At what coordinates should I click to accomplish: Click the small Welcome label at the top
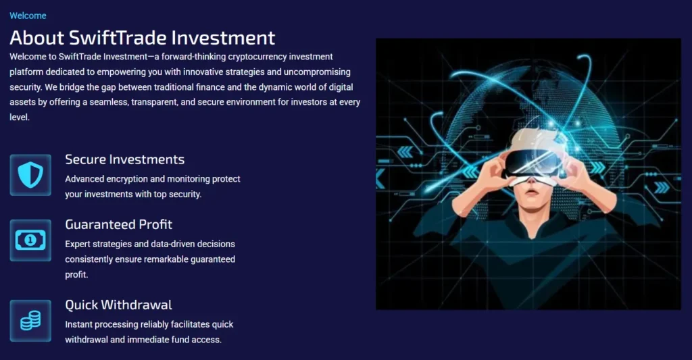[28, 16]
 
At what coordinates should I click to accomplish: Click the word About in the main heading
[36, 38]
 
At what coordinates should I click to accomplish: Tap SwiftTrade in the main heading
[118, 38]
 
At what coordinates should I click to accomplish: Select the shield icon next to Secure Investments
[30, 175]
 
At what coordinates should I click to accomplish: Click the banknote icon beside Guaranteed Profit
[30, 240]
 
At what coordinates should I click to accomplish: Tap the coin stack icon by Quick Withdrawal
[30, 321]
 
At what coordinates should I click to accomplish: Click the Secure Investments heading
[124, 159]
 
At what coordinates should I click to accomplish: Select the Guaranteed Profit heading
[118, 224]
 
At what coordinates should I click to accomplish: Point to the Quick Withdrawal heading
[118, 305]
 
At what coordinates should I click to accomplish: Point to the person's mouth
[533, 192]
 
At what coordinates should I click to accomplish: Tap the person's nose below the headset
[533, 182]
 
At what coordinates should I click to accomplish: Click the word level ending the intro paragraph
[19, 118]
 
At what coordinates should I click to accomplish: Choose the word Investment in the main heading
[223, 38]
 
